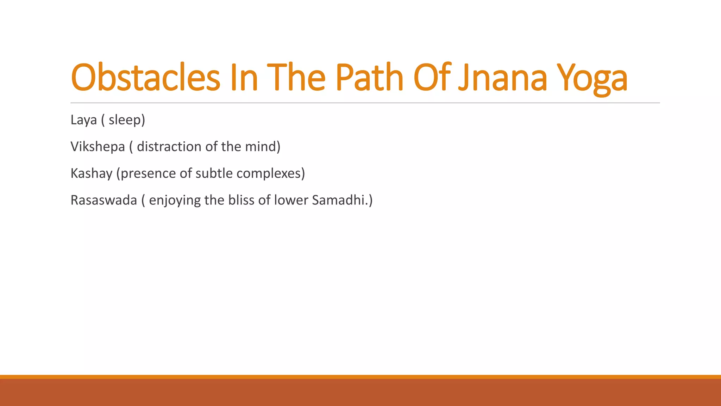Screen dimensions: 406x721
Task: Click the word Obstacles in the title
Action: [145, 77]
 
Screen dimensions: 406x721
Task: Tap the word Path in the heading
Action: [369, 77]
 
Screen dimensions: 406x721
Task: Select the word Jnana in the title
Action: [503, 77]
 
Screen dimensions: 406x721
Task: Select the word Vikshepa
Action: [98, 147]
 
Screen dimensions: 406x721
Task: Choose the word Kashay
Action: [91, 173]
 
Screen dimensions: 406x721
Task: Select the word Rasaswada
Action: [104, 200]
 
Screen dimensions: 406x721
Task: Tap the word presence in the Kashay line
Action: [148, 174]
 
